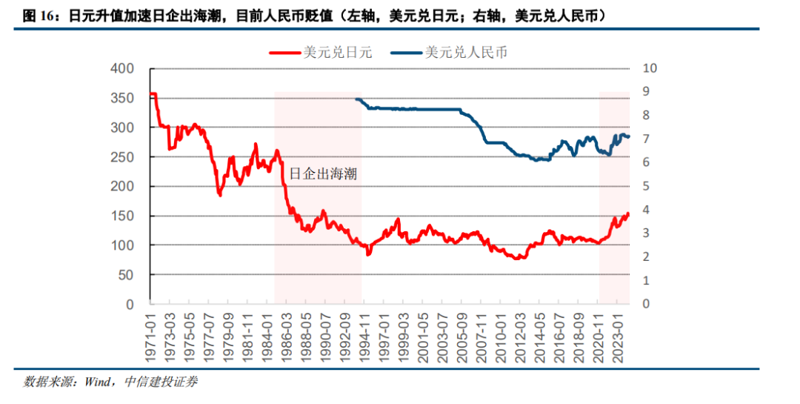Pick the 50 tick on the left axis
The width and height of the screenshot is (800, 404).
tap(126, 274)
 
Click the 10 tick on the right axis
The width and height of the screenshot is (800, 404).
tap(650, 69)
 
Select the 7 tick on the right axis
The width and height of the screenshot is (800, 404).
tap(646, 139)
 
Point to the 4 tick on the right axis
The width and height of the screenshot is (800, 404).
tap(646, 210)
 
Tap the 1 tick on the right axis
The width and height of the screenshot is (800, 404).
tap(646, 280)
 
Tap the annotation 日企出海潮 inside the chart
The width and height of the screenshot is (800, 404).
tap(321, 174)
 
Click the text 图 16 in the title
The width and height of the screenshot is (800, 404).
tap(39, 14)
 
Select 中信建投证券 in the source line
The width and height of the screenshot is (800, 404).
tap(161, 383)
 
